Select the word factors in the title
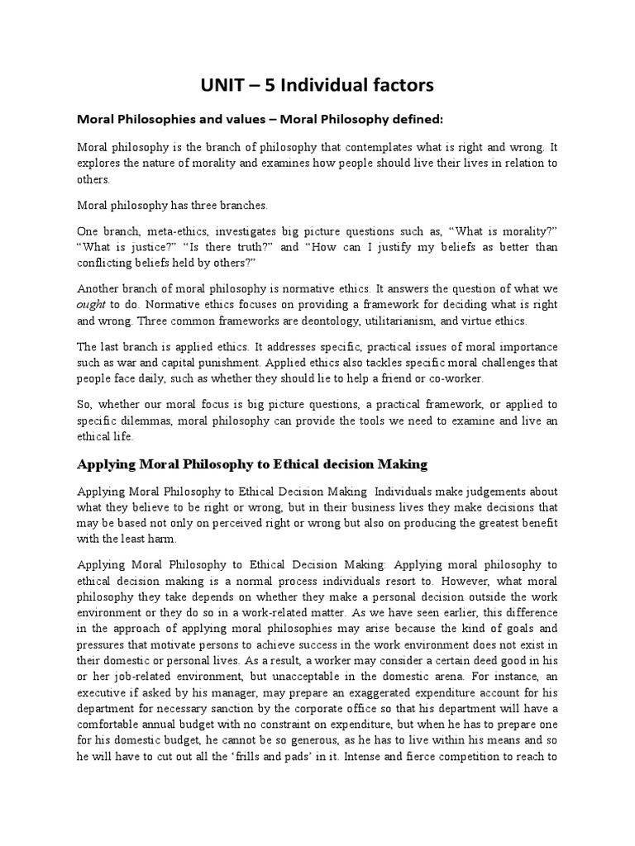tap(398, 84)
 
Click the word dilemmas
tap(149, 421)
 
